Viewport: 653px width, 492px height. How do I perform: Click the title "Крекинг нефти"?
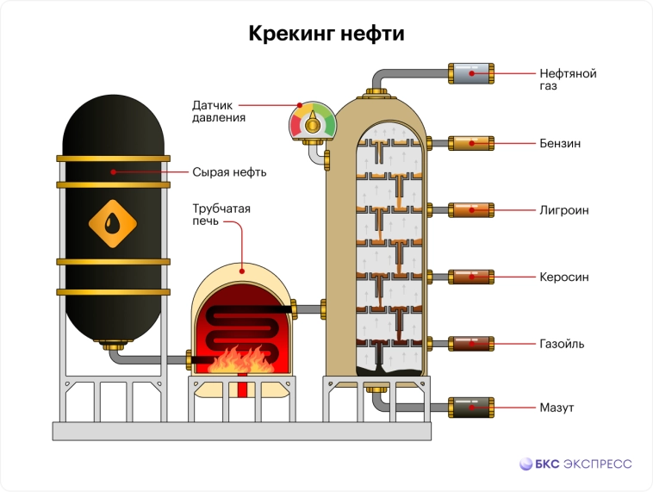pyautogui.click(x=326, y=34)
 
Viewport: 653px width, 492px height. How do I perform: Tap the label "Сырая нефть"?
pyautogui.click(x=229, y=172)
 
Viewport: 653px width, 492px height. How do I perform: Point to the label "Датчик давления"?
pyautogui.click(x=220, y=111)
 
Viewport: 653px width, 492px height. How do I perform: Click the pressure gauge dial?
pyautogui.click(x=312, y=121)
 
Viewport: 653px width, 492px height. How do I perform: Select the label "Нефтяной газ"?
pyautogui.click(x=568, y=79)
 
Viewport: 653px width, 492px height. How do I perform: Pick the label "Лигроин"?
pyautogui.click(x=564, y=209)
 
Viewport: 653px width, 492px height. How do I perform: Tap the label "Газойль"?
pyautogui.click(x=563, y=344)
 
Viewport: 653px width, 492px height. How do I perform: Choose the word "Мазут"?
pyautogui.click(x=557, y=407)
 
